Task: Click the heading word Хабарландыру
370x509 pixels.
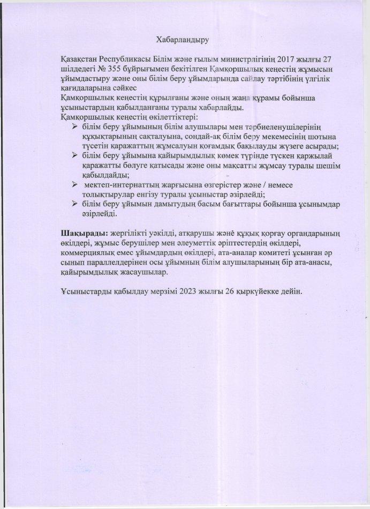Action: pos(182,39)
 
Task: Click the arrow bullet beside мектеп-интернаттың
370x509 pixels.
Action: pos(75,185)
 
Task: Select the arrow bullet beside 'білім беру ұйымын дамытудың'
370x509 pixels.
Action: pos(75,204)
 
